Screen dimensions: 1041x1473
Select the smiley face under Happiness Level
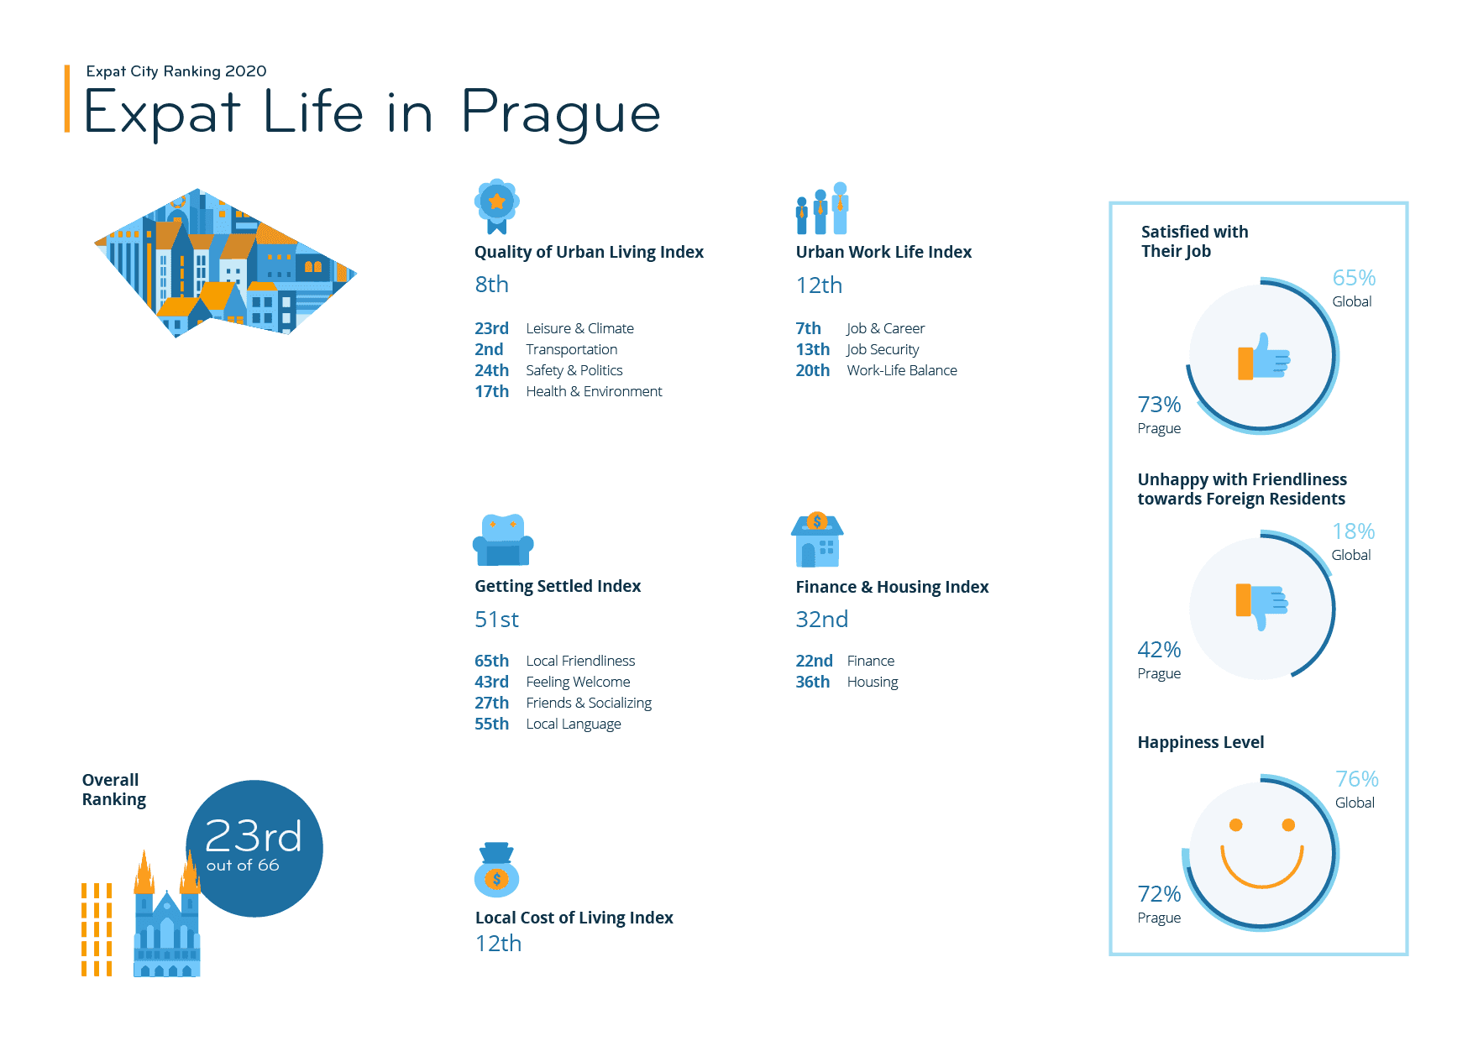(1261, 854)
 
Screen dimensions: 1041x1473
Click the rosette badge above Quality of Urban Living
(496, 205)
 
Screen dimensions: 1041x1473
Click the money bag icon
(496, 871)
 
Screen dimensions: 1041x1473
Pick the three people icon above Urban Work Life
(822, 208)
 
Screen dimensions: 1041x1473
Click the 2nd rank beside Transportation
(489, 349)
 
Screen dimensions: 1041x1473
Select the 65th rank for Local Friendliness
(491, 661)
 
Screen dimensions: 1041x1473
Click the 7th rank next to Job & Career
(808, 328)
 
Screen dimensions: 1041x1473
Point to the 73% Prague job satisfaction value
(1159, 405)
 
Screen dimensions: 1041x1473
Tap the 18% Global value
(1353, 531)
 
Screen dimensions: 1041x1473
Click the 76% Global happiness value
(1356, 779)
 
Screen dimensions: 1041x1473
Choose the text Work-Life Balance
(901, 370)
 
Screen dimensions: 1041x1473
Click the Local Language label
(574, 724)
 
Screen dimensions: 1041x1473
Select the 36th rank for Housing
(812, 682)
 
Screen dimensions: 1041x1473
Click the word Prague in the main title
(560, 114)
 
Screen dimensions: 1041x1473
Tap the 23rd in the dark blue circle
(253, 836)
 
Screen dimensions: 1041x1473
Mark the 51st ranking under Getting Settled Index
(496, 620)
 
